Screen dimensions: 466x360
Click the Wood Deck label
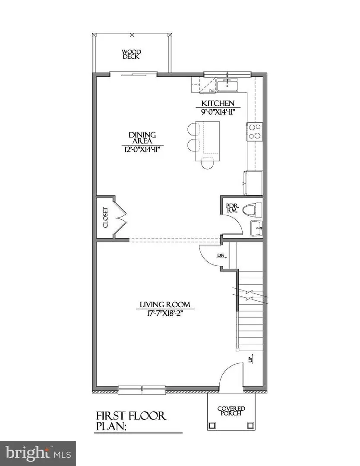pyautogui.click(x=132, y=54)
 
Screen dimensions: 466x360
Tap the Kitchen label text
pyautogui.click(x=218, y=103)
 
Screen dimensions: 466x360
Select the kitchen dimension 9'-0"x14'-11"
pyautogui.click(x=218, y=112)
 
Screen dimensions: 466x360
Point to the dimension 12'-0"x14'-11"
pyautogui.click(x=142, y=149)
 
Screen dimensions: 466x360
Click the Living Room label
pyautogui.click(x=164, y=305)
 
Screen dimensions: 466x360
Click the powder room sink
pyautogui.click(x=257, y=227)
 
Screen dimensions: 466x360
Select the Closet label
pyautogui.click(x=105, y=218)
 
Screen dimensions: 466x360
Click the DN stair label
pyautogui.click(x=221, y=255)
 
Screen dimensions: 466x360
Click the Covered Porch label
pyautogui.click(x=231, y=411)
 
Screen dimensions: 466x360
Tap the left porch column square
pyautogui.click(x=212, y=425)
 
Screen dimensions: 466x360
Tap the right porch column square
pyautogui.click(x=250, y=425)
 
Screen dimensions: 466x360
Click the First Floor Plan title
pyautogui.click(x=130, y=421)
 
